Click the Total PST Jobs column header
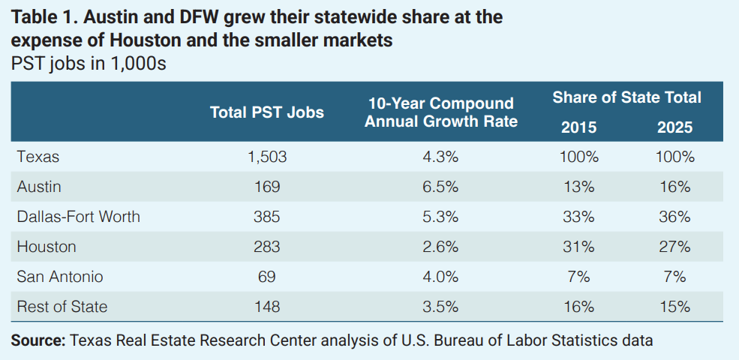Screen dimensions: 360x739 266,112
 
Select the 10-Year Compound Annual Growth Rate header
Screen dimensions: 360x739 440,112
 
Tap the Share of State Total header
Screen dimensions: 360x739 626,97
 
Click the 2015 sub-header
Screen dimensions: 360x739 578,127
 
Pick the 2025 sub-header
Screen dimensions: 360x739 674,127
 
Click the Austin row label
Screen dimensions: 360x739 38,187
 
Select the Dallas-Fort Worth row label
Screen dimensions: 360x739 78,217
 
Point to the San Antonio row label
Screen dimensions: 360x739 59,277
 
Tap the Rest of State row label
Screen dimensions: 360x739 62,307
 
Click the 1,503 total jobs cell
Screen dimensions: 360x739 266,157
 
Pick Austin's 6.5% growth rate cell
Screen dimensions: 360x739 440,187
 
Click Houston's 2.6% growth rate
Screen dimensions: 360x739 440,247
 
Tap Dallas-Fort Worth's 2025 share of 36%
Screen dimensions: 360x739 674,217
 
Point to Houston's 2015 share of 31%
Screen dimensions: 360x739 578,247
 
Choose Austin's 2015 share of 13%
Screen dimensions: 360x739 578,187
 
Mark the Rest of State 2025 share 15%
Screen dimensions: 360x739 674,307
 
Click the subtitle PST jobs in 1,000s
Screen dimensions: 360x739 89,64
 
